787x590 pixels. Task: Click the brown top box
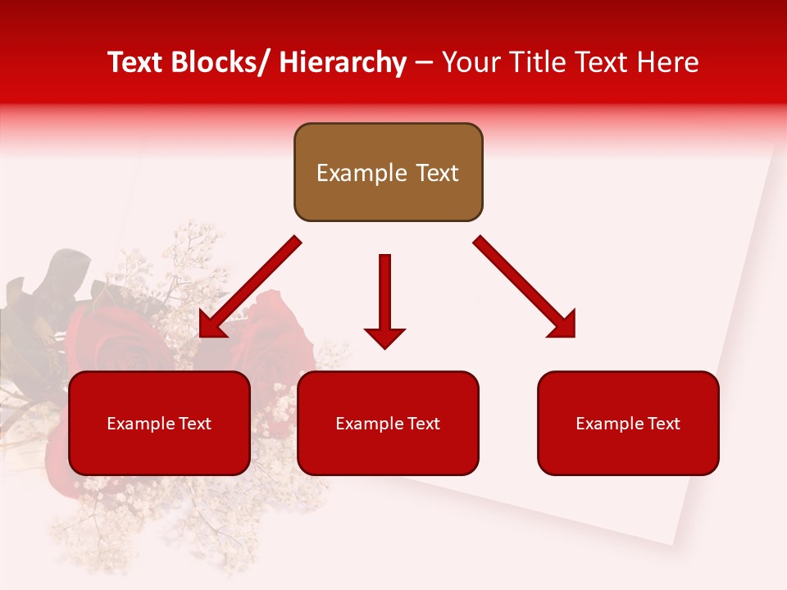(x=388, y=172)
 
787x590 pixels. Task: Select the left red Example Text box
(x=159, y=423)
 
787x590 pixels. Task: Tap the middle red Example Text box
(x=388, y=423)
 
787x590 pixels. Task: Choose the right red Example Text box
(x=628, y=423)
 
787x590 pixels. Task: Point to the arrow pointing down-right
(x=525, y=288)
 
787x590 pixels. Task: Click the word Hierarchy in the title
(x=343, y=62)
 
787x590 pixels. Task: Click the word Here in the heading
(x=667, y=62)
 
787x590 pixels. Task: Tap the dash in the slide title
(x=424, y=62)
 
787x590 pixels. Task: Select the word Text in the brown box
(x=435, y=173)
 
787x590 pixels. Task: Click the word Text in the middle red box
(x=421, y=424)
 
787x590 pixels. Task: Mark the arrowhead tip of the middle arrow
(x=384, y=347)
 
